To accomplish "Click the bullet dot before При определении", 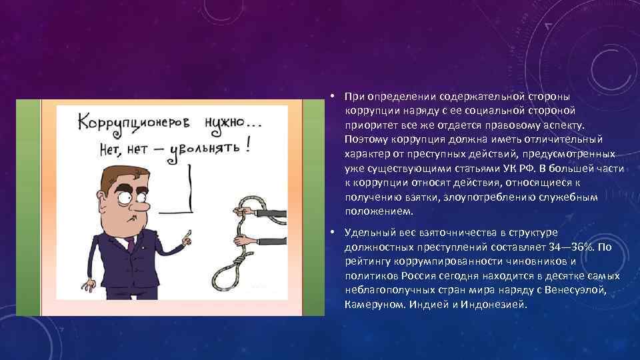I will coord(331,95).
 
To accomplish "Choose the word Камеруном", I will coord(373,305).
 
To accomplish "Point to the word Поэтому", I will coord(367,139).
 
